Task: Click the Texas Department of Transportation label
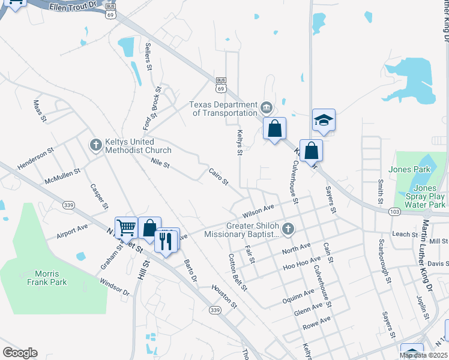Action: [223, 109]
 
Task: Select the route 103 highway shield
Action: [394, 212]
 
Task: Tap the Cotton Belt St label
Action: [238, 272]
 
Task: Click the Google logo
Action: [20, 353]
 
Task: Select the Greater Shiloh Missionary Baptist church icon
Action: [288, 228]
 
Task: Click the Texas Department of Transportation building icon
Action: [267, 109]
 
